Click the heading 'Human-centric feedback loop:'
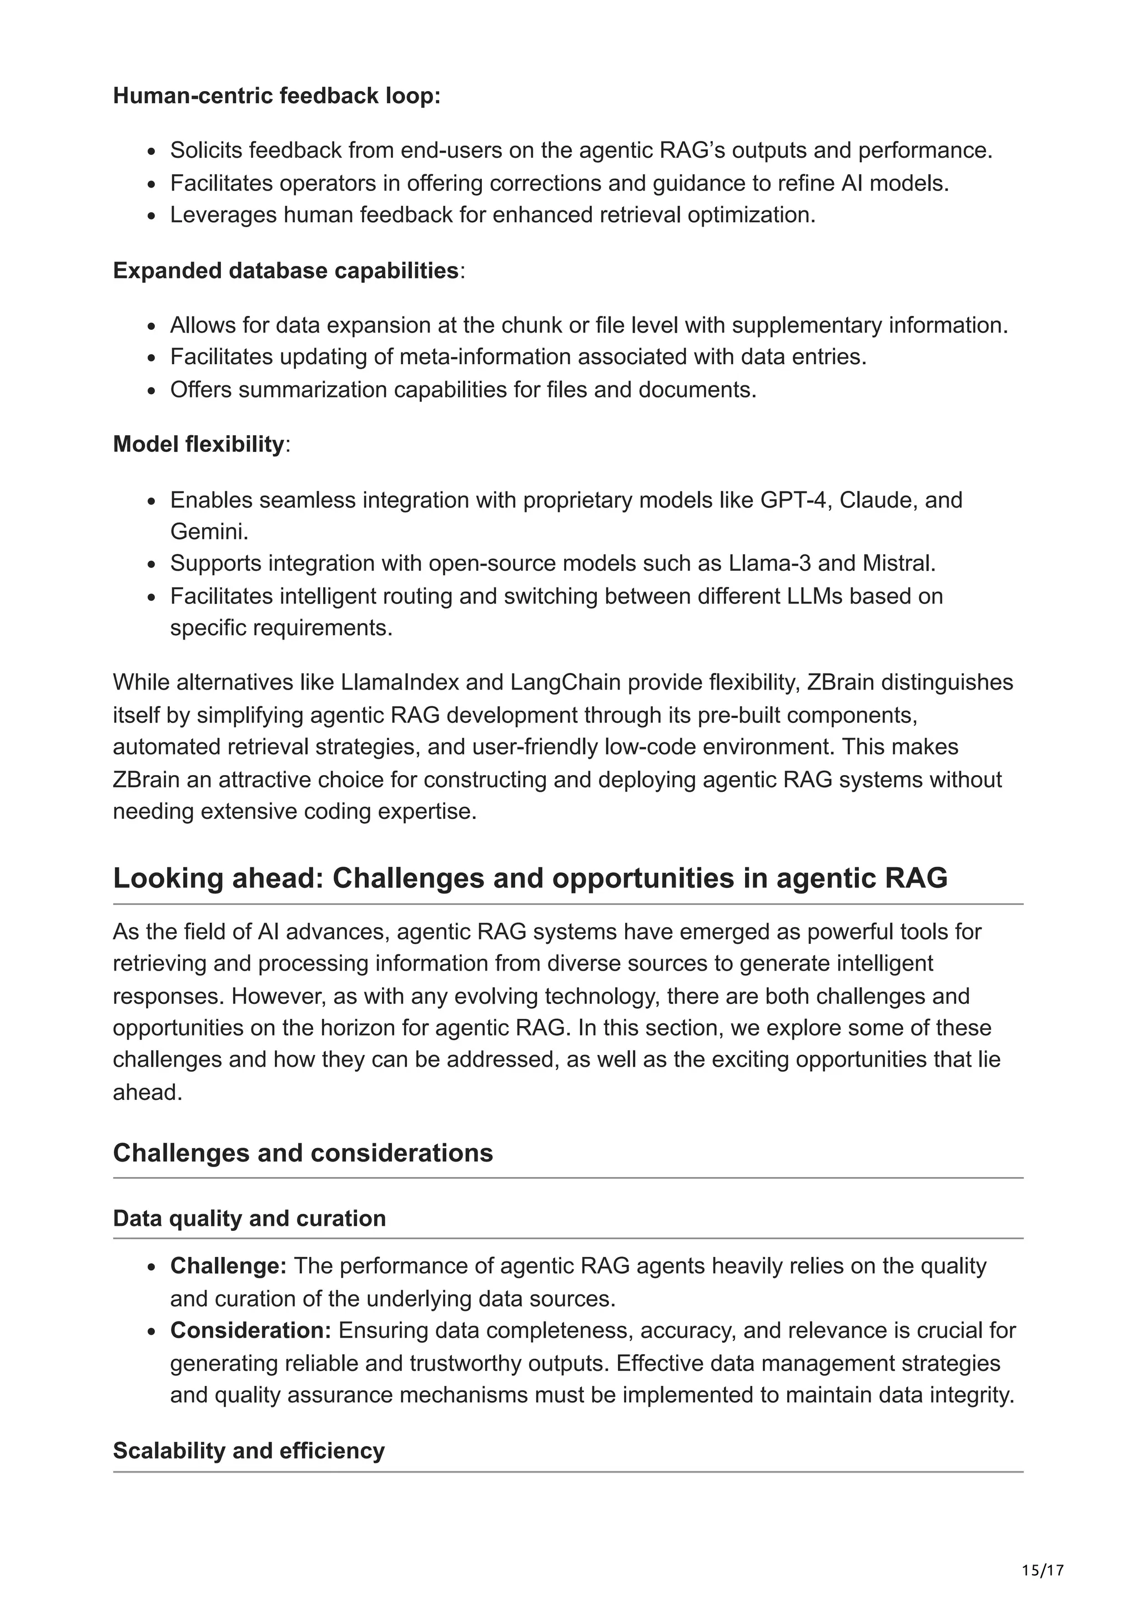[x=276, y=95]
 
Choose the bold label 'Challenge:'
[x=228, y=1266]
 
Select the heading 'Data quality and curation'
[x=249, y=1218]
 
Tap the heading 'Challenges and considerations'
[x=303, y=1153]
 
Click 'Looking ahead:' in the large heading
[x=218, y=878]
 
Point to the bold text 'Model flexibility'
[x=198, y=444]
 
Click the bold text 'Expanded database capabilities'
[x=285, y=270]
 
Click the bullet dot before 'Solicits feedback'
[x=152, y=152]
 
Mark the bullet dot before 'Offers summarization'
[x=152, y=390]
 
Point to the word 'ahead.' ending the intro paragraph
[x=147, y=1092]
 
